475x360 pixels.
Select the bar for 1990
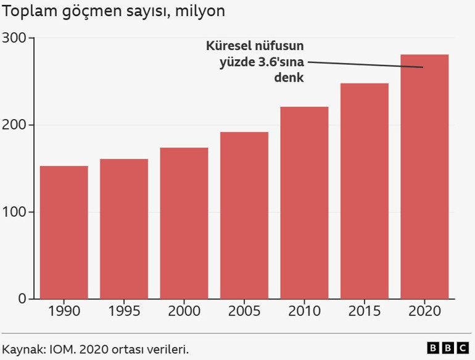pyautogui.click(x=64, y=232)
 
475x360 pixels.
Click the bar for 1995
pyautogui.click(x=124, y=229)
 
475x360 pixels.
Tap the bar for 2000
pyautogui.click(x=184, y=223)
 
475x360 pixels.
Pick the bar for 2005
pyautogui.click(x=244, y=216)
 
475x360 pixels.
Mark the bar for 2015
pyautogui.click(x=365, y=191)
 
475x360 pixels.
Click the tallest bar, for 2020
pyautogui.click(x=424, y=177)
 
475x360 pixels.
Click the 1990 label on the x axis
pyautogui.click(x=64, y=311)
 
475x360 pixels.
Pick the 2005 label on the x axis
pyautogui.click(x=244, y=311)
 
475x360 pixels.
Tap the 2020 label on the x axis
pyautogui.click(x=424, y=311)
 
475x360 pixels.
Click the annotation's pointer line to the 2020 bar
pyautogui.click(x=364, y=64)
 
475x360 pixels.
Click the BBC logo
pyautogui.click(x=448, y=349)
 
